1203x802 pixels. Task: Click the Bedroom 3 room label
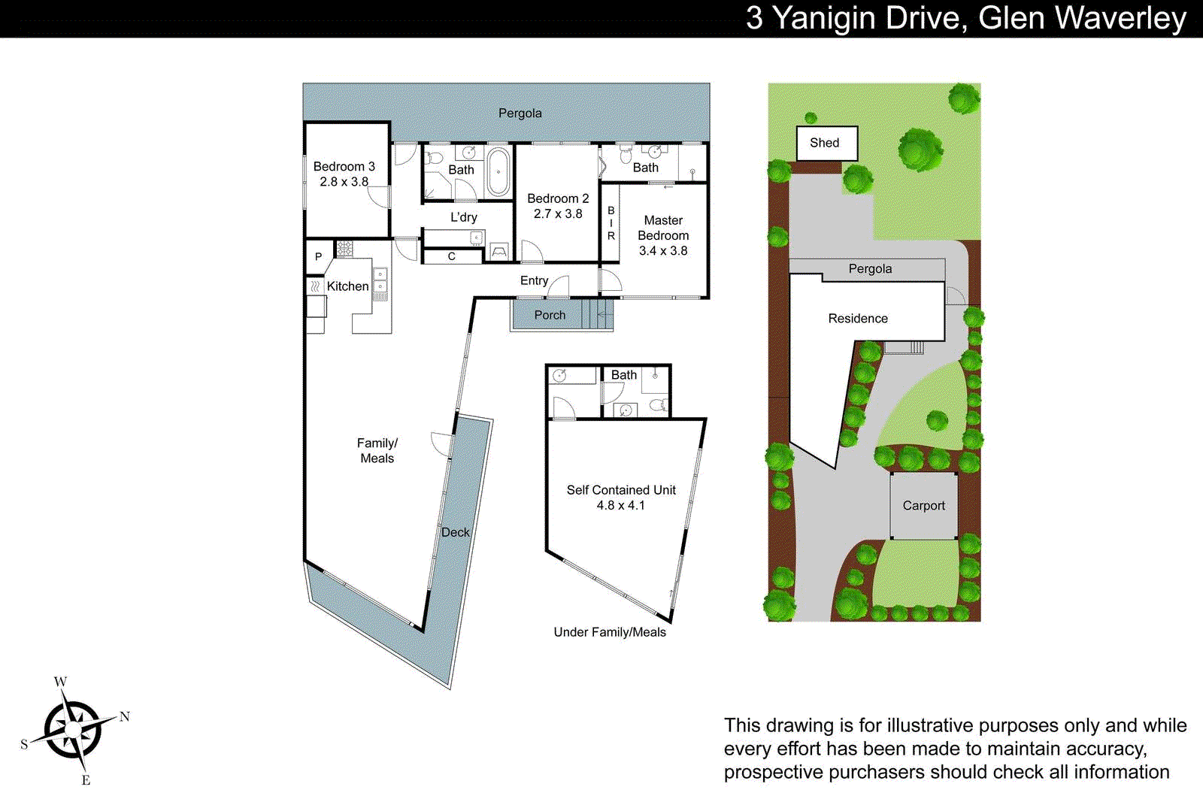pos(344,166)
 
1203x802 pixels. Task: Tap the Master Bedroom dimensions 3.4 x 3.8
pos(663,251)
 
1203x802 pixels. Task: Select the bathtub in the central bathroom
pos(498,172)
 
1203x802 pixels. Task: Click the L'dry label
pos(463,217)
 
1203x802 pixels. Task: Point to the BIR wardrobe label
pos(611,223)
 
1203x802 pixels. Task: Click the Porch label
pos(550,315)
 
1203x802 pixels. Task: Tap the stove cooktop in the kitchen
pos(344,248)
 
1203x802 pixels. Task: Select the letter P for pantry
pos(318,257)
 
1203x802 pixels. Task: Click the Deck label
pos(455,532)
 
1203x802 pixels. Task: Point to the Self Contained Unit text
pos(621,490)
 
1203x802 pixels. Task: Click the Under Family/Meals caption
pos(610,632)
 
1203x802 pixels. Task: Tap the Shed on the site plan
pos(826,143)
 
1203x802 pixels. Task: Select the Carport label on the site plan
pos(923,506)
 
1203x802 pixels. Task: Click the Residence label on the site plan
pos(858,319)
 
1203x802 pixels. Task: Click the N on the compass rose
pos(125,716)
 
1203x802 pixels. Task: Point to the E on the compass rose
pos(86,780)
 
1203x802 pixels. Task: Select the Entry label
pos(534,280)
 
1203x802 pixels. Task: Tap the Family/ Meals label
pos(377,450)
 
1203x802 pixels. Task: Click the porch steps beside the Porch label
pos(598,314)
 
